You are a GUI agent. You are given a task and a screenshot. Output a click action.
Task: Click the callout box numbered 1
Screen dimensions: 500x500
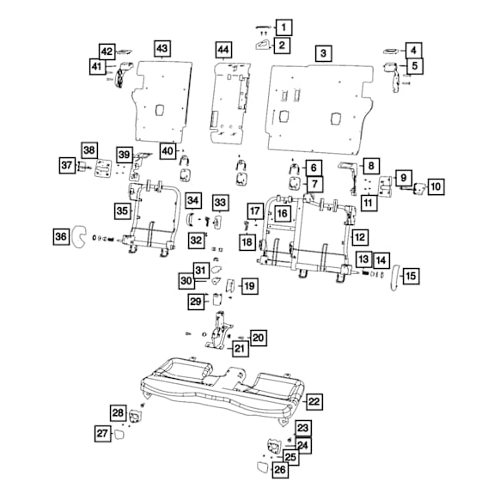point(284,27)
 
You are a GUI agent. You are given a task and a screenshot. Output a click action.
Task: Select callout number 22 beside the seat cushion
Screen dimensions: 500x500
point(314,401)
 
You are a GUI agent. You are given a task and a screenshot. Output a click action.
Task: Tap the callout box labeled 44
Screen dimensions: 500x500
point(223,50)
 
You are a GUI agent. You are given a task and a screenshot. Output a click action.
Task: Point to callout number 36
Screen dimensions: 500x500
point(61,236)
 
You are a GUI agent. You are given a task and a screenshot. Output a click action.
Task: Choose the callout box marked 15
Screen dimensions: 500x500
point(411,276)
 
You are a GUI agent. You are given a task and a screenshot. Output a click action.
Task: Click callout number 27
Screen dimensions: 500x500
point(103,433)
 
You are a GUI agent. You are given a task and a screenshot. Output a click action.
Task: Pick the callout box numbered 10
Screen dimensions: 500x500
point(436,186)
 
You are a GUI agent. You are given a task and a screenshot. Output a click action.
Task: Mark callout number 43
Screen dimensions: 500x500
point(162,48)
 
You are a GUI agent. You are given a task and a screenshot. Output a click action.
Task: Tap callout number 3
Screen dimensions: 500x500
point(324,53)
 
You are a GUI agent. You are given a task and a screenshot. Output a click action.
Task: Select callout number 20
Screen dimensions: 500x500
point(259,338)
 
